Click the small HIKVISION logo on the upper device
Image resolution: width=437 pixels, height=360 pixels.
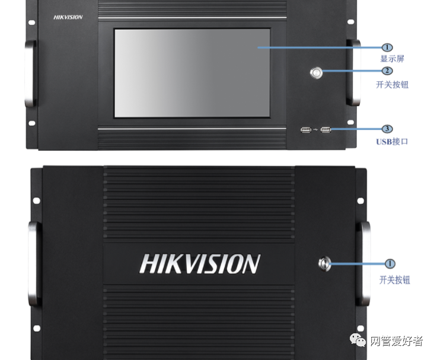tap(68, 17)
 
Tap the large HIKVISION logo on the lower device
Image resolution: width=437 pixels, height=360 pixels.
tap(200, 263)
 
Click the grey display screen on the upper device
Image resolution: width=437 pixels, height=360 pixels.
tap(192, 73)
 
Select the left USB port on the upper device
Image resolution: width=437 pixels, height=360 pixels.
tap(306, 130)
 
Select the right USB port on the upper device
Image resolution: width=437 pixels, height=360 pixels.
tap(326, 130)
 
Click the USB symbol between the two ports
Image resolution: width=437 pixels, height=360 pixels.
tap(315, 129)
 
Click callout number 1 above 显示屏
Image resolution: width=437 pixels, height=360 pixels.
tap(387, 47)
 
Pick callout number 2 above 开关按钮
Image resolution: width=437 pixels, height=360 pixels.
tap(387, 71)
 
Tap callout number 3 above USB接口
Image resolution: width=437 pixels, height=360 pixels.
tap(387, 129)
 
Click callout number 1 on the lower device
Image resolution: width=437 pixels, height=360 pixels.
tap(390, 263)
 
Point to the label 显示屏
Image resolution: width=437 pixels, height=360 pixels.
tap(392, 59)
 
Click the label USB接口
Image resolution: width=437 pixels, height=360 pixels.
tap(392, 142)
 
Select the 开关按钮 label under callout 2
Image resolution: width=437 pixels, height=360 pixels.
tap(392, 84)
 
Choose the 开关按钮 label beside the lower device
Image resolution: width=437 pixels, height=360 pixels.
tap(395, 280)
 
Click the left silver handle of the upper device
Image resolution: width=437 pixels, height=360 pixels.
tap(30, 74)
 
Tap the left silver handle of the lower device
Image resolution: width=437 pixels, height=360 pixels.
tap(33, 263)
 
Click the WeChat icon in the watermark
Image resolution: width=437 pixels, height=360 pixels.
tap(358, 340)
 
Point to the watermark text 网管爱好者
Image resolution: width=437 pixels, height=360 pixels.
tap(397, 341)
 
